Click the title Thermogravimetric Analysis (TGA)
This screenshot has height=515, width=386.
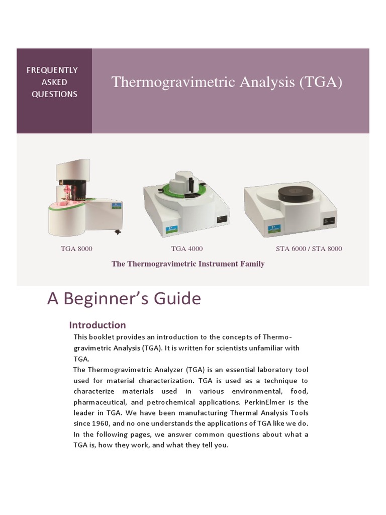pos(227,82)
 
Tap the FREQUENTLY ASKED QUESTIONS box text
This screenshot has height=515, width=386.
pos(52,82)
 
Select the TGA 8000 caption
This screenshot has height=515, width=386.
pos(76,248)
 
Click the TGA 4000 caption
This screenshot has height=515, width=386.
pos(187,248)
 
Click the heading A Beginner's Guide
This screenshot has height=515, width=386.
pos(124,299)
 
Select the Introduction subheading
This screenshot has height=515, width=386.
pos(97,324)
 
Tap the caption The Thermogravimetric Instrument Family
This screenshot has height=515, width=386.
pos(188,264)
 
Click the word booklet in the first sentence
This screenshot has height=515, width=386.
pos(101,336)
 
